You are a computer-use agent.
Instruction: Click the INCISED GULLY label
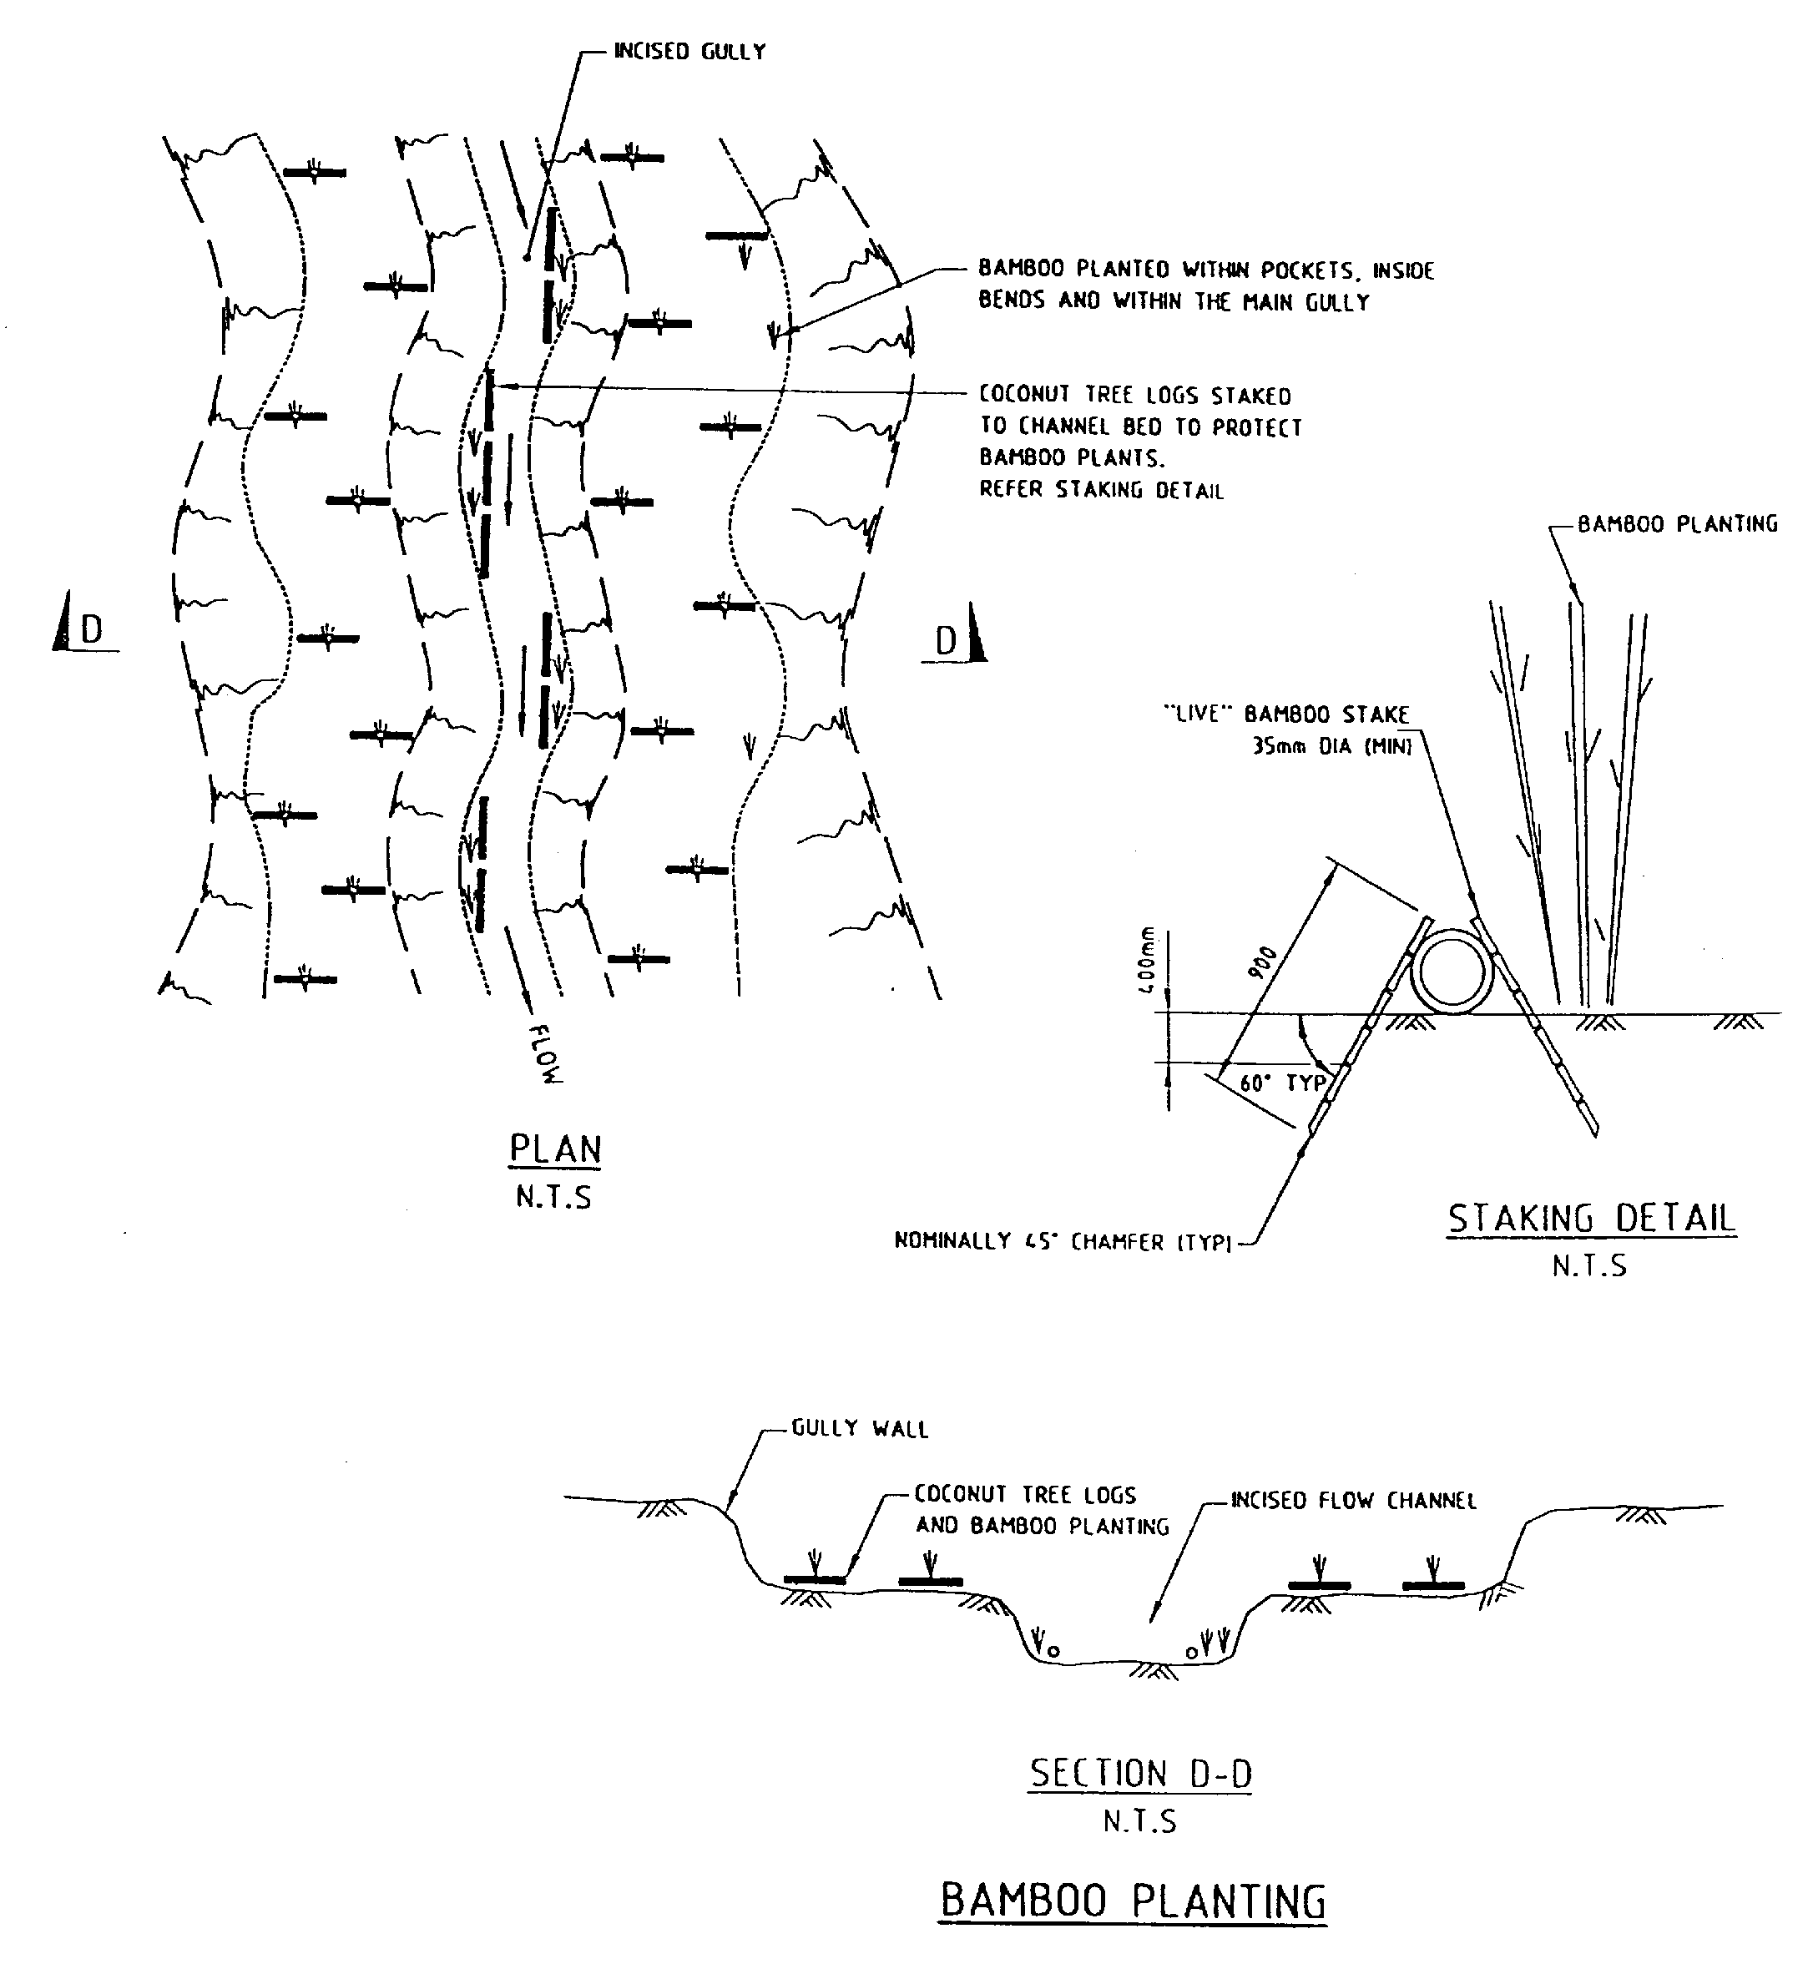click(x=689, y=52)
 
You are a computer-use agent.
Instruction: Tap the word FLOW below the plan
click(x=545, y=1053)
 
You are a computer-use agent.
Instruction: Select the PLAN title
click(x=554, y=1149)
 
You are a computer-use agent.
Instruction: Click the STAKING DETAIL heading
click(x=1591, y=1219)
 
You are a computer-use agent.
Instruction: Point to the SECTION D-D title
click(x=1140, y=1774)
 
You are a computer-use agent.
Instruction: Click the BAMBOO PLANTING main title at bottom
click(x=1134, y=1901)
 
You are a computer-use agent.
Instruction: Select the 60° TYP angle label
click(x=1282, y=1084)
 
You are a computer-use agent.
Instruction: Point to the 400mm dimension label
click(x=1148, y=961)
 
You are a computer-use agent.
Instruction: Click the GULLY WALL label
click(x=860, y=1429)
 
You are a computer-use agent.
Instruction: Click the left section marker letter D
click(x=91, y=630)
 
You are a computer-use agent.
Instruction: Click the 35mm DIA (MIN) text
click(x=1331, y=746)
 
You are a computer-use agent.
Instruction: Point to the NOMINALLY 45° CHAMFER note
click(x=1063, y=1242)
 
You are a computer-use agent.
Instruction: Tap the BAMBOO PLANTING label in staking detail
click(x=1677, y=525)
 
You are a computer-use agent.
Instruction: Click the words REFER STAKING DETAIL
click(x=1101, y=491)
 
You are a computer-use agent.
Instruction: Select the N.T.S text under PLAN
click(x=553, y=1198)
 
